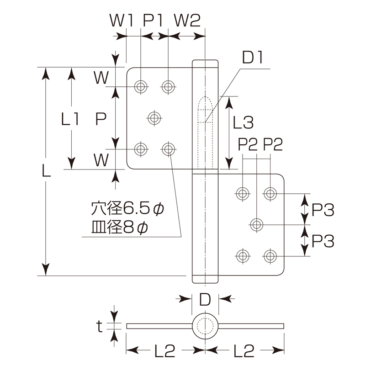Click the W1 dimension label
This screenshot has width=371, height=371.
tap(121, 21)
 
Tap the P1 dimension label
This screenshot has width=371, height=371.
tap(153, 21)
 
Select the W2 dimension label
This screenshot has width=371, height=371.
tap(187, 21)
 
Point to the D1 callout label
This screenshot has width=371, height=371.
tap(252, 58)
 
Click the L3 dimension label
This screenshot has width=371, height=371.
tap(243, 122)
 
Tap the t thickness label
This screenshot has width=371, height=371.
tap(100, 326)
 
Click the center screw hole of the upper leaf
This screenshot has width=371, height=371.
tap(154, 118)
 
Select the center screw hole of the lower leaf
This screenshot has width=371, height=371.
tap(256, 224)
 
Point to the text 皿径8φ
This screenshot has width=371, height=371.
tap(120, 228)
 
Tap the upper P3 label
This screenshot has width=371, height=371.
tap(323, 210)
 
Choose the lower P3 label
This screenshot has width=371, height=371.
tap(323, 241)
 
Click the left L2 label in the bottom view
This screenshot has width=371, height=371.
tap(164, 350)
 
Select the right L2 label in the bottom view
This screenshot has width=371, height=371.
tap(244, 350)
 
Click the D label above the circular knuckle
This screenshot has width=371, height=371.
tap(205, 299)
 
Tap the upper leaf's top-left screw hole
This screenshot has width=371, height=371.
tap(141, 86)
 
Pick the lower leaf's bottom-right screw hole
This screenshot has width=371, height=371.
tap(270, 256)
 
